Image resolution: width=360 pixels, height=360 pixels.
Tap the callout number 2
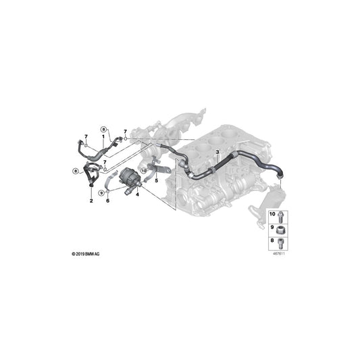(x=91, y=201)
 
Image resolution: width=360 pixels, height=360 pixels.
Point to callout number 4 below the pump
(x=138, y=195)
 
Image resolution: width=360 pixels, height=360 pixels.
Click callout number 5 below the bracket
(x=156, y=181)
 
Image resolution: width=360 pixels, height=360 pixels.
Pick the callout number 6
(x=107, y=201)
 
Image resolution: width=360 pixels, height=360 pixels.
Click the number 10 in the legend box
(x=273, y=215)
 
